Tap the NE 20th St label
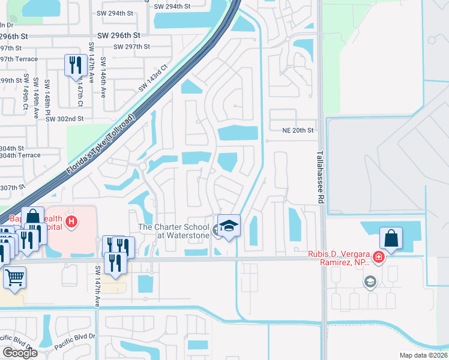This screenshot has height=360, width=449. (298, 130)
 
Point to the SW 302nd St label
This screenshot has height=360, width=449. (64, 119)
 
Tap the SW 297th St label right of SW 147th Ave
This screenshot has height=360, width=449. (131, 47)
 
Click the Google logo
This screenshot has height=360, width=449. (20, 353)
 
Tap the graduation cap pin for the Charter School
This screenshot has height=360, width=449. (228, 226)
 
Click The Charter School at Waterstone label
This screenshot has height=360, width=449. (174, 231)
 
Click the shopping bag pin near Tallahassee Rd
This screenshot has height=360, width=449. (391, 238)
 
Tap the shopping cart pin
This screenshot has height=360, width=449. (15, 277)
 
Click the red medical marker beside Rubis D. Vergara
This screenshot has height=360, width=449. (378, 257)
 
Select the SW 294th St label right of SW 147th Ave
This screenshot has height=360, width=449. (172, 6)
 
